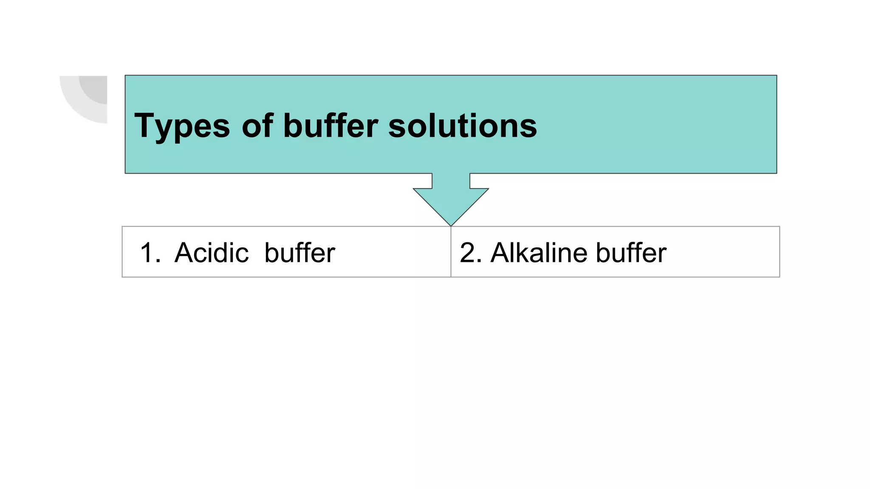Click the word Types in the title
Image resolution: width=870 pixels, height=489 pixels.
coord(182,126)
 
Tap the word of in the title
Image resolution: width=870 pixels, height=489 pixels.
coord(257,126)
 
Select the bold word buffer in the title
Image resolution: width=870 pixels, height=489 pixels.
coord(330,126)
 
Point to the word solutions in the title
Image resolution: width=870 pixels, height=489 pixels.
coord(463,126)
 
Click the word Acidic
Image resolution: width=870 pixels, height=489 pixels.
coord(212,253)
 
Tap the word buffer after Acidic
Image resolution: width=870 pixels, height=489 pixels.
coord(299,253)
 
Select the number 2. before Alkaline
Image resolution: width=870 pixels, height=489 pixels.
coord(471,253)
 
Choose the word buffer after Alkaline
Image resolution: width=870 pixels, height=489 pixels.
coord(631,253)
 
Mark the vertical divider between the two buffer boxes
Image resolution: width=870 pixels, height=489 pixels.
coord(451,255)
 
